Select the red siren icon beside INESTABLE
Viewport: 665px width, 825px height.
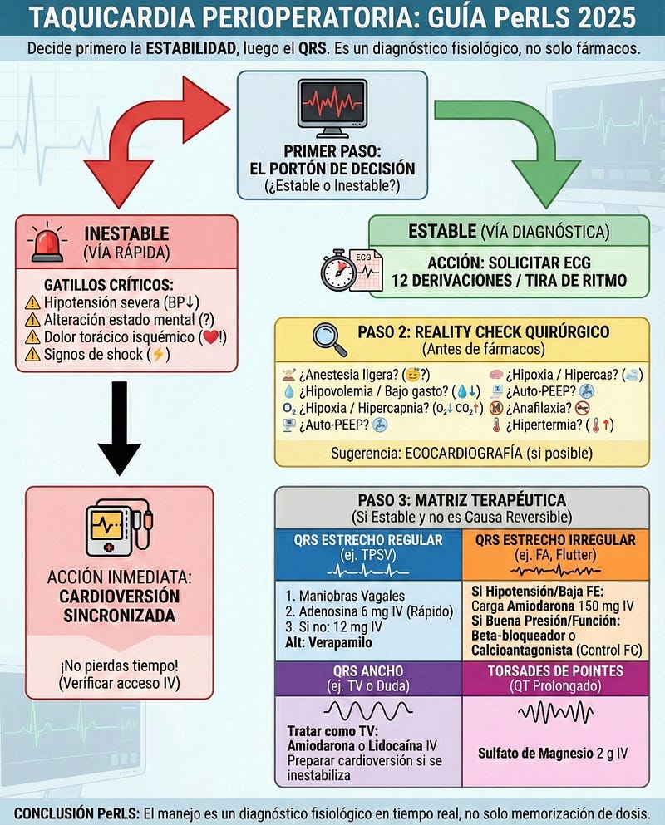[x=48, y=243]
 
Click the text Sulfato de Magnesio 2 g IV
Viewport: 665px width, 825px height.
[x=553, y=754]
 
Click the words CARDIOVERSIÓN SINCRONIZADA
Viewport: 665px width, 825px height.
[x=119, y=607]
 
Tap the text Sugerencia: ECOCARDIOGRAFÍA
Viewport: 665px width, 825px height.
[x=461, y=454]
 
